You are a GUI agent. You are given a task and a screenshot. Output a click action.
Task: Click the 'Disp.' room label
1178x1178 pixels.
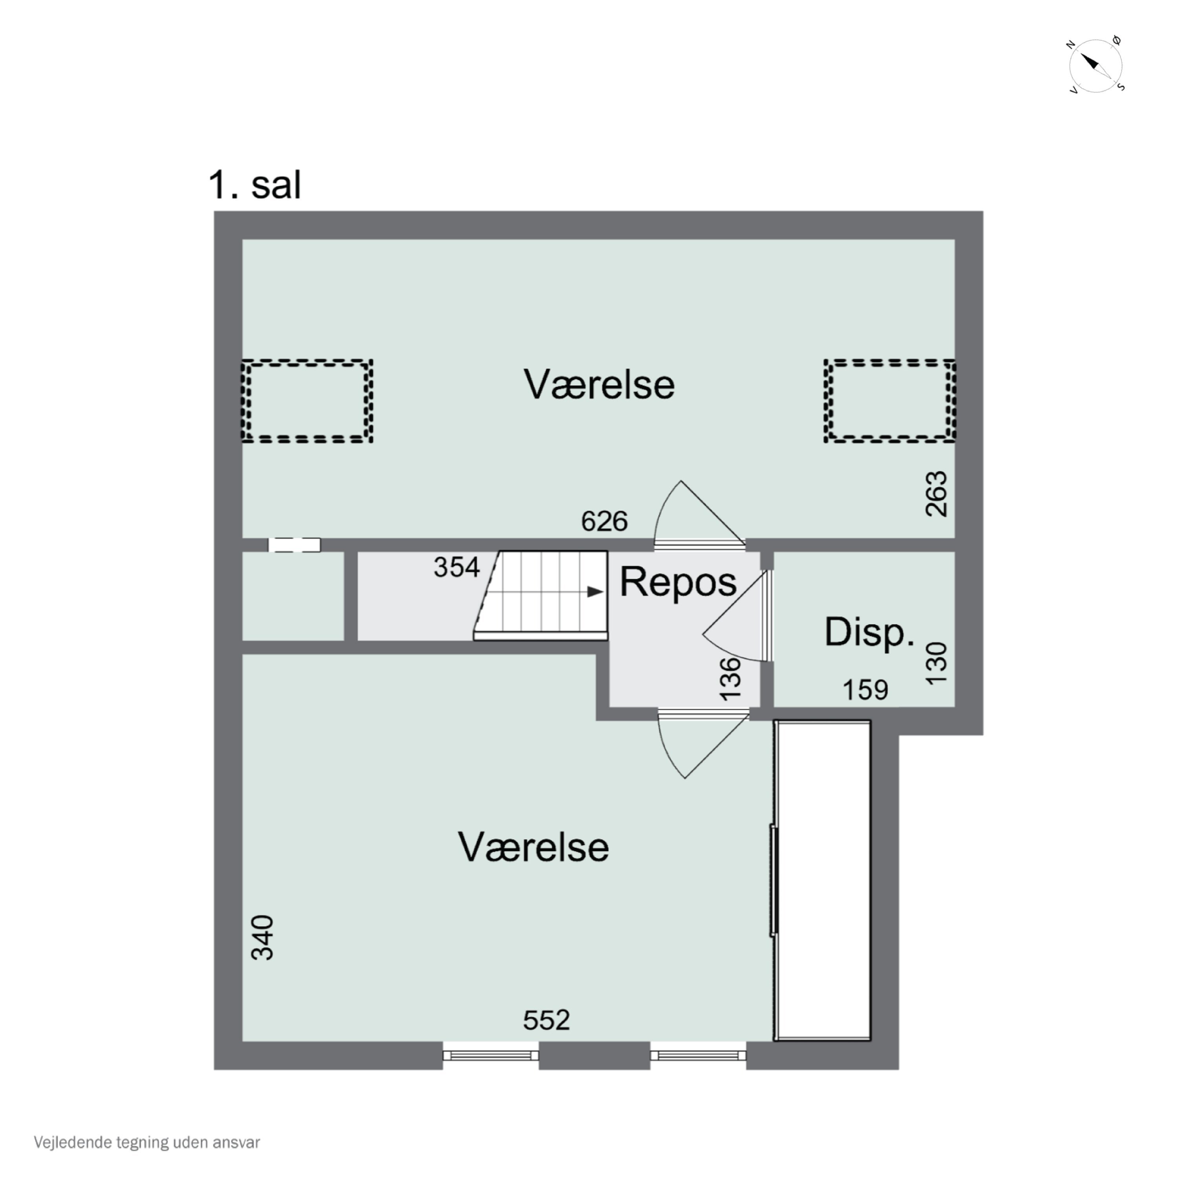tap(869, 632)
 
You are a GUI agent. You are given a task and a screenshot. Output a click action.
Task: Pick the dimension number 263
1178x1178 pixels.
tap(937, 494)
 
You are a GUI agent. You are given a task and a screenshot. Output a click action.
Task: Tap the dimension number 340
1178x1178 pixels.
tap(263, 938)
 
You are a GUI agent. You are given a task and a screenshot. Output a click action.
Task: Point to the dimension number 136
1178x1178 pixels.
tap(730, 679)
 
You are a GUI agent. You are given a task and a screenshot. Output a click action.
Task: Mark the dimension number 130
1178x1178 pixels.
tap(937, 663)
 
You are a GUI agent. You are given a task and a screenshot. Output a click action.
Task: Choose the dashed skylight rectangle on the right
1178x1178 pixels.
tap(890, 401)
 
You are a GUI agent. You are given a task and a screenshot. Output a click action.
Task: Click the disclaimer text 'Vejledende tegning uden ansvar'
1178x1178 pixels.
tap(147, 1142)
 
